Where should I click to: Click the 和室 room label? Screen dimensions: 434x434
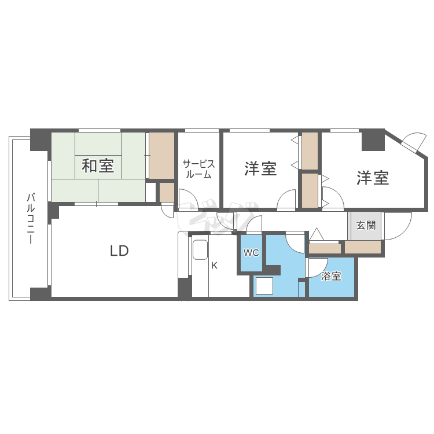tap(98, 166)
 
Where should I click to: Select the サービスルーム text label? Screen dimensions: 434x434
tap(199, 168)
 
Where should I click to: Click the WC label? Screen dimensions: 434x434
tap(251, 253)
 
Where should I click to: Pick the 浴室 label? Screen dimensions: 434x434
tap(331, 276)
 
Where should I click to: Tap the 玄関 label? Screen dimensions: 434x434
tap(365, 225)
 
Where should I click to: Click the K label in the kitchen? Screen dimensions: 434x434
tap(214, 266)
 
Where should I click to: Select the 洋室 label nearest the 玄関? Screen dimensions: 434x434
tap(372, 178)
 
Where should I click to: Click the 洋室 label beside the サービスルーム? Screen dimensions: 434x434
tap(260, 168)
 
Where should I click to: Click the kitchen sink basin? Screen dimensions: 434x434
tap(200, 251)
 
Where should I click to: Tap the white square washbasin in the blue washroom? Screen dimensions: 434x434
tap(264, 286)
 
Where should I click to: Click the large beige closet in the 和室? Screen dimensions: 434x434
tap(162, 156)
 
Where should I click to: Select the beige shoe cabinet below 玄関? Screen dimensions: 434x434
tap(363, 247)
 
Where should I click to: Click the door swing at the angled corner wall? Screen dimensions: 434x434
tap(414, 140)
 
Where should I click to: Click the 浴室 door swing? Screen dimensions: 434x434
tap(315, 267)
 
